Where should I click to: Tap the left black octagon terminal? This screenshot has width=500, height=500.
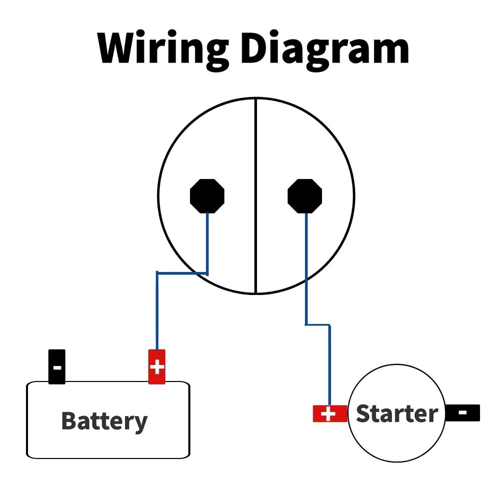click(x=207, y=195)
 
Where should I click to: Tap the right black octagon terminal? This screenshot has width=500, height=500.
click(x=305, y=195)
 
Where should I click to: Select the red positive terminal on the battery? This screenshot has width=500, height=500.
click(x=157, y=367)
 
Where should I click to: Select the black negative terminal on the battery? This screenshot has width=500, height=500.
click(x=56, y=366)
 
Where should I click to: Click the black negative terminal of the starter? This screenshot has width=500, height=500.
click(x=463, y=413)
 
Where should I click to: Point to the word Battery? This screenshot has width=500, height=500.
click(x=104, y=421)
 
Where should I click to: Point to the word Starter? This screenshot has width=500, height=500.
click(x=396, y=414)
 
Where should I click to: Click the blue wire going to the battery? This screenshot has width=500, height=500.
click(x=157, y=310)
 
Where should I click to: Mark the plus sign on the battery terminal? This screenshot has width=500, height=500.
click(x=157, y=367)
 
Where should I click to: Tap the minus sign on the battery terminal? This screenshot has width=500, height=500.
click(x=57, y=367)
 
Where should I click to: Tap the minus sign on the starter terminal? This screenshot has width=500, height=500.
click(x=463, y=413)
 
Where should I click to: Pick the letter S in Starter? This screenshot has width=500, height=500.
click(x=363, y=414)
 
